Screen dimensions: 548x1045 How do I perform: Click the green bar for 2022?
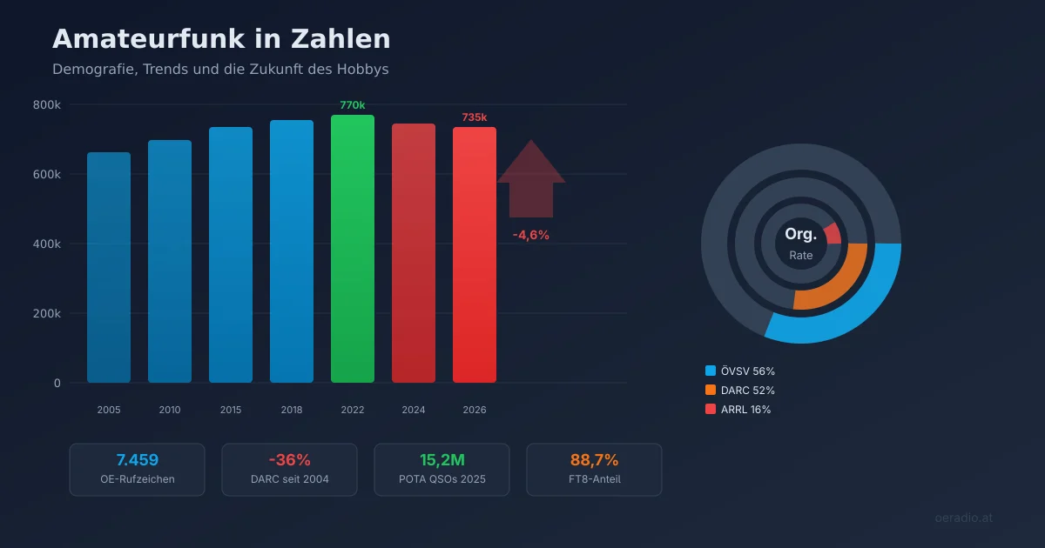(x=353, y=249)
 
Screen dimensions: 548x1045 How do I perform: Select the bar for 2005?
(x=109, y=268)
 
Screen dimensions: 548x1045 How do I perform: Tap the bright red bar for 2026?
(x=475, y=255)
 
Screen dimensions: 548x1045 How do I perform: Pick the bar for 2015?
(x=231, y=255)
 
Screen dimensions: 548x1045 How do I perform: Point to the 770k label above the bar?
(x=353, y=105)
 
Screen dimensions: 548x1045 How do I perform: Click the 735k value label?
(x=475, y=117)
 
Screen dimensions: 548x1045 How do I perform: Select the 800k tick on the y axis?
(x=46, y=104)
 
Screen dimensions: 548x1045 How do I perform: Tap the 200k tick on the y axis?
(x=46, y=313)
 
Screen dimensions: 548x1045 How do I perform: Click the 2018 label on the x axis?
(x=292, y=410)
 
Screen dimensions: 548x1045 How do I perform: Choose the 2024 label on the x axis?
(x=414, y=410)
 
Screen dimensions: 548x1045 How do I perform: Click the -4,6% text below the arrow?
(x=530, y=235)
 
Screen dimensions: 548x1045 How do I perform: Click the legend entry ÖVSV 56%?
(x=740, y=371)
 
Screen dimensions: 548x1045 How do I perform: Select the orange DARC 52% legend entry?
(x=740, y=391)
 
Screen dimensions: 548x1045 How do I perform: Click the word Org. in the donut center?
(x=800, y=235)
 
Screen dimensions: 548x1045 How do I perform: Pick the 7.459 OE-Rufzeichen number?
(x=137, y=460)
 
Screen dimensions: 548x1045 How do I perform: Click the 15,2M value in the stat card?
(x=442, y=460)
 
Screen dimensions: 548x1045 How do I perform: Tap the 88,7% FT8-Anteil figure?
(x=594, y=460)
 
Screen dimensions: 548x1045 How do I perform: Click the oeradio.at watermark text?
(x=963, y=518)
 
